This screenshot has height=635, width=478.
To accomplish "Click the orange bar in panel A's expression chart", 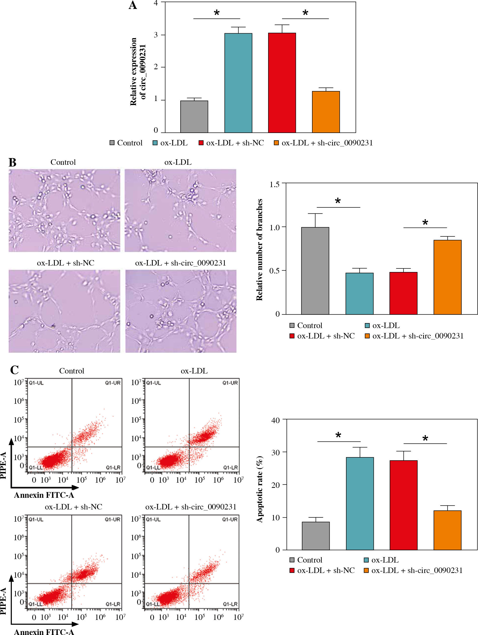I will pos(326,112).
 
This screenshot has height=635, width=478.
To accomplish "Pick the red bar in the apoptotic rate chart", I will pos(403,505).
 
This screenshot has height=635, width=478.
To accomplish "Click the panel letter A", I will pos(132,5).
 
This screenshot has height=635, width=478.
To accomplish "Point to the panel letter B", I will pos(12,163).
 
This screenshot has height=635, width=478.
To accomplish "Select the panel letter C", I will pos(14,370).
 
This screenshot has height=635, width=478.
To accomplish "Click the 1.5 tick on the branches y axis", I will pos(274,184).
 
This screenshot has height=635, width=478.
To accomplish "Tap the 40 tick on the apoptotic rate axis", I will pos(275,421).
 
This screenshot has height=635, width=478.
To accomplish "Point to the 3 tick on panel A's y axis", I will pos(156,35).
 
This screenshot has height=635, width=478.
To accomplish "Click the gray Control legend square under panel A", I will pos(112,143).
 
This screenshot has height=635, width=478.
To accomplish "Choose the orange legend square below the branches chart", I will pos(367,336).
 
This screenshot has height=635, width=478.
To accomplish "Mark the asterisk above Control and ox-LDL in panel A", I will pos(217,12).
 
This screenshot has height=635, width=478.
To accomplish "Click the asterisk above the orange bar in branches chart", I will pos(425,222).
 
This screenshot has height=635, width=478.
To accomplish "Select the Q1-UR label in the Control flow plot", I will pos(112,383).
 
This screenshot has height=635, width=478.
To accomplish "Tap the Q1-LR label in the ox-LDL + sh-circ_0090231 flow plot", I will pos(230,604).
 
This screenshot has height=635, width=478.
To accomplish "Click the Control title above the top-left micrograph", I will pos(63,162).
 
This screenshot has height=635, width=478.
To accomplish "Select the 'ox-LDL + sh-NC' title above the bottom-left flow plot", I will pos(73,507).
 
